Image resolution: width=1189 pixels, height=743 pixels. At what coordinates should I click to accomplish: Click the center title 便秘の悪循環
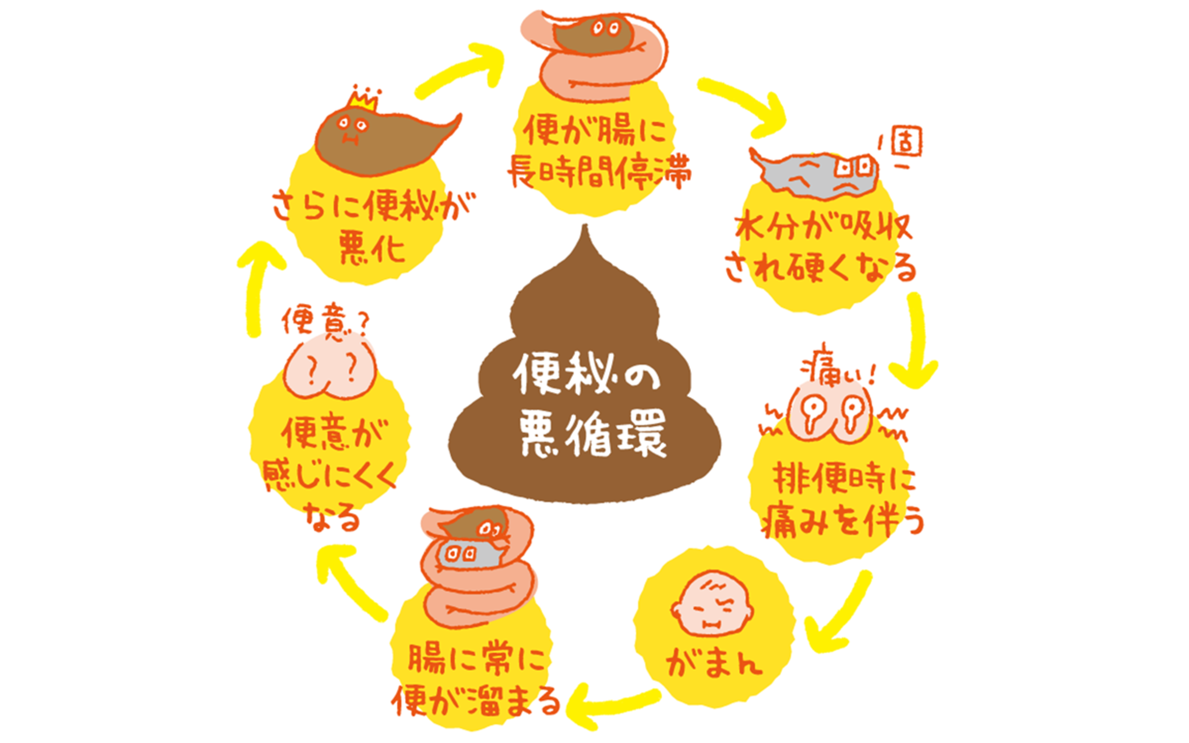coord(590,404)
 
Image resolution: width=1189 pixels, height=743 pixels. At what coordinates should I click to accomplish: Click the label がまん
coord(713,664)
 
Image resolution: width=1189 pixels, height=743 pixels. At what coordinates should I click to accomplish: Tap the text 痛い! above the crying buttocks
coord(837,371)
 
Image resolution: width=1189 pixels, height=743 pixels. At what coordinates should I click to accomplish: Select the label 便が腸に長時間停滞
coord(597,151)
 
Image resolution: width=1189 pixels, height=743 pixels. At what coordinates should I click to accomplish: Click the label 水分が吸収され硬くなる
coord(820,248)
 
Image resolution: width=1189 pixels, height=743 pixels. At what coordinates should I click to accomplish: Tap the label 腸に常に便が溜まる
coord(476,681)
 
